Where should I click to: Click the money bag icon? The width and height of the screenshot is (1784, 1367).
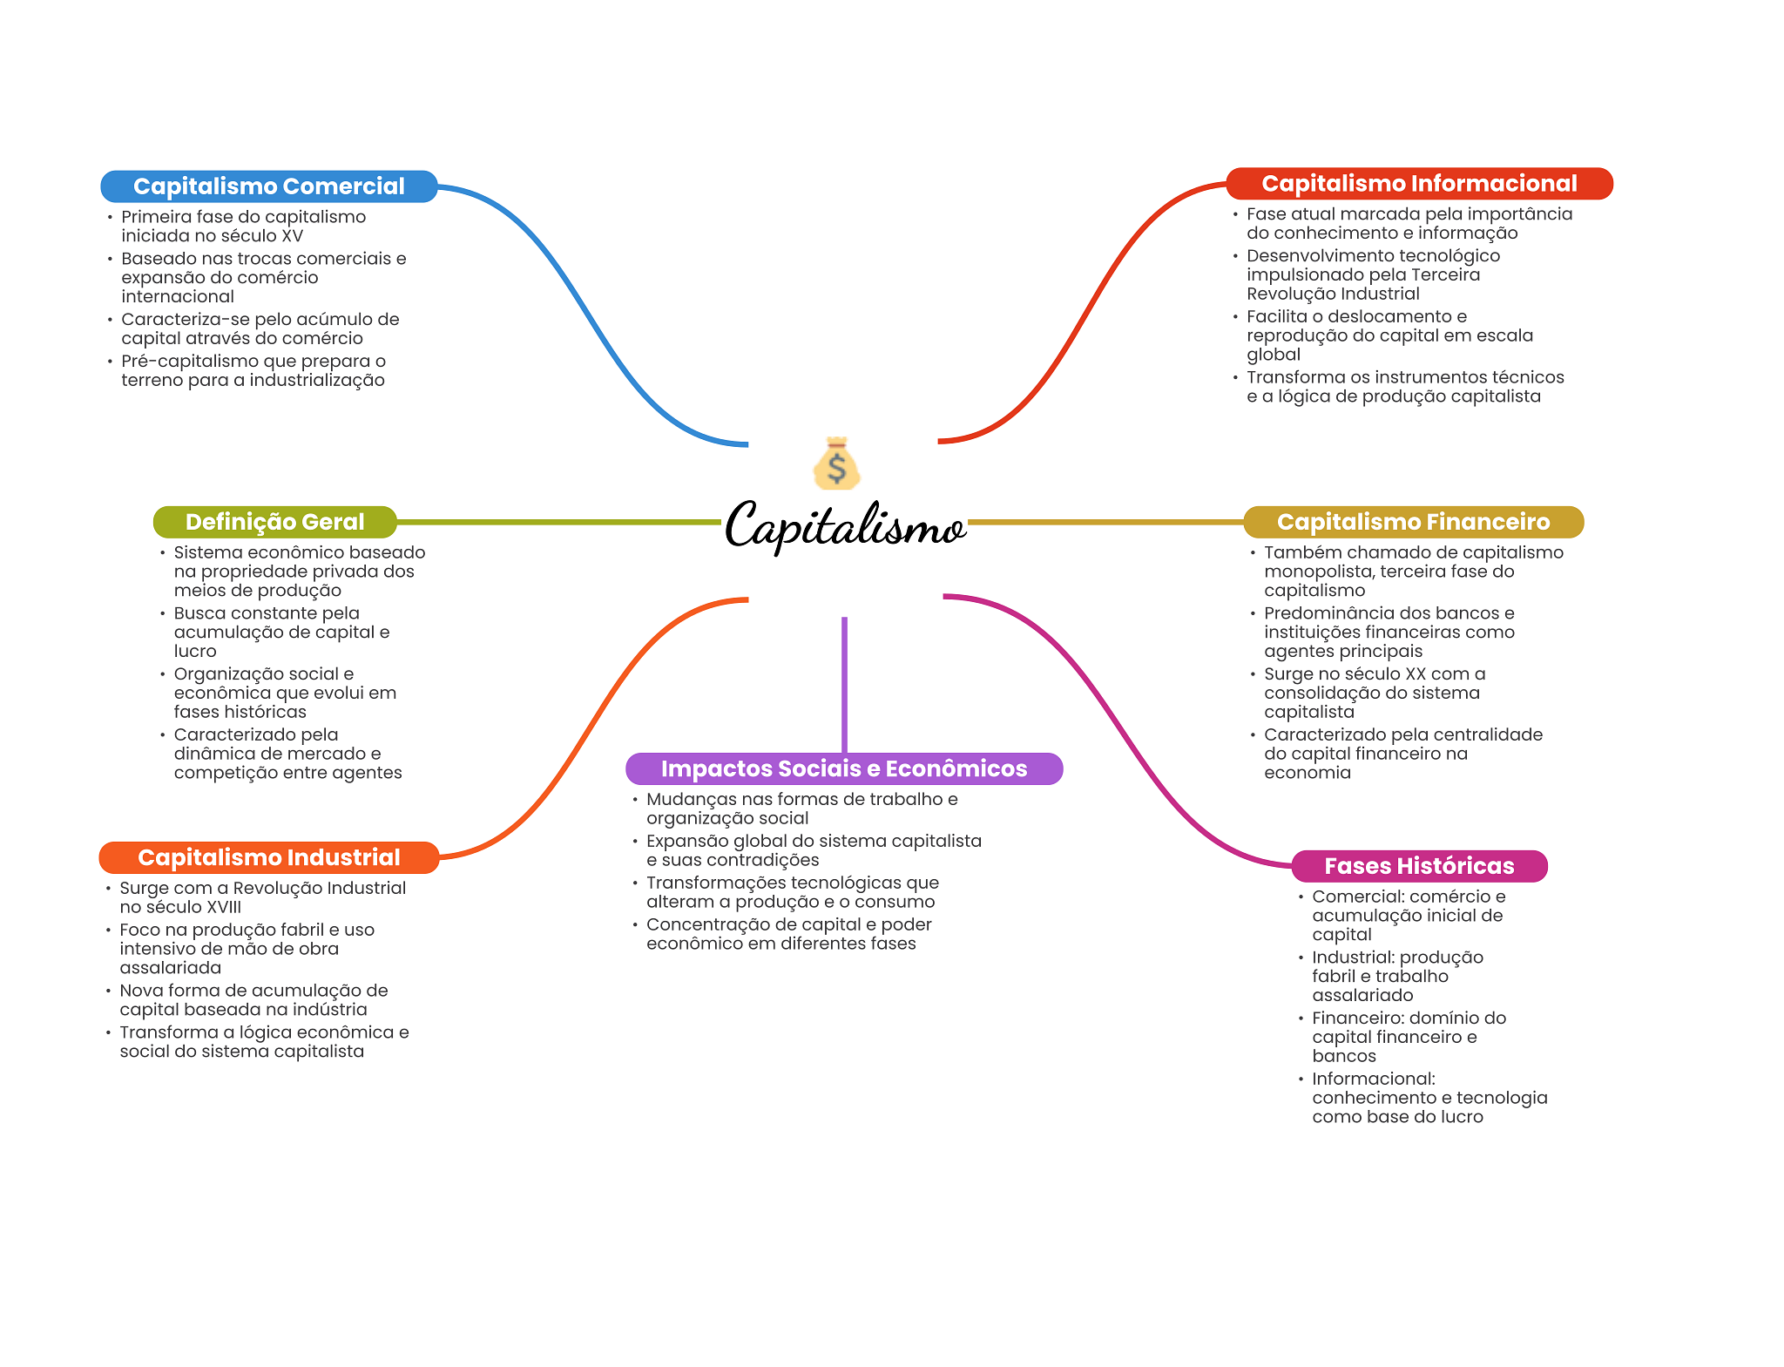(836, 463)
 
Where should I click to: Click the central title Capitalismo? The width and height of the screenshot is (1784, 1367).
(845, 525)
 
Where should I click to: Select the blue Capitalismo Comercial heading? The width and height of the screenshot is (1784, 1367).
(269, 186)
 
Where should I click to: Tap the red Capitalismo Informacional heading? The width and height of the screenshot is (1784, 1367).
(1419, 184)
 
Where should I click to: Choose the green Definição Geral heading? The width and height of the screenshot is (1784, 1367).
(275, 522)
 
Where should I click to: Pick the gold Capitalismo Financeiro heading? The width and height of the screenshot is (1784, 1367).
(1413, 522)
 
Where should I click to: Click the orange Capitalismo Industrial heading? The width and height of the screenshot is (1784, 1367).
(269, 857)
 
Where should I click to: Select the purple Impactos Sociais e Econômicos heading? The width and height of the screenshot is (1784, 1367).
(844, 768)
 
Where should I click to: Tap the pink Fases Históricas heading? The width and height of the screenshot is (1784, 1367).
(1419, 866)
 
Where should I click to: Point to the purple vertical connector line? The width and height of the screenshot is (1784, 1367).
(844, 685)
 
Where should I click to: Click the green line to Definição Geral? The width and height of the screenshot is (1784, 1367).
(559, 522)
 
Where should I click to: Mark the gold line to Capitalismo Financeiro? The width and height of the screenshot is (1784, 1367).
(1106, 522)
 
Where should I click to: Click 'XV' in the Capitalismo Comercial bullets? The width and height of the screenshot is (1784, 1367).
(292, 236)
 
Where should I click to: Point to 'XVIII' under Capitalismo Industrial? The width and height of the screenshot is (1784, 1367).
(222, 908)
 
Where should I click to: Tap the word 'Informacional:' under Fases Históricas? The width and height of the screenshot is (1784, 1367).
(1374, 1079)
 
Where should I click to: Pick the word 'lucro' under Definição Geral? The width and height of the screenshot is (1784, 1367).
(195, 652)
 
